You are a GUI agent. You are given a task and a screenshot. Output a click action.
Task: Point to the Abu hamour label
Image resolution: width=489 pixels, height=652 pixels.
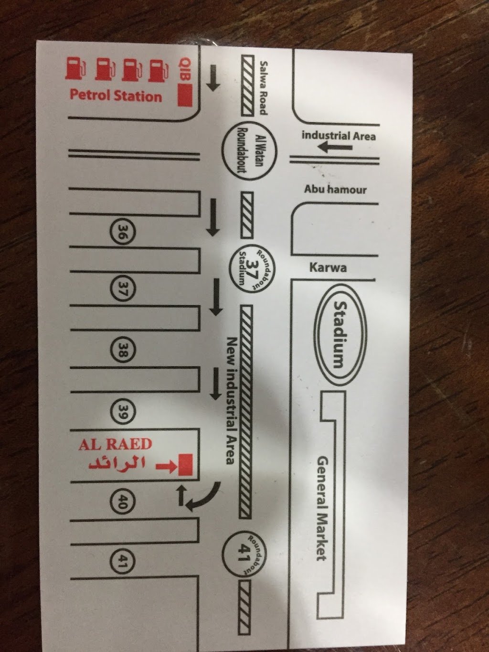tap(335, 190)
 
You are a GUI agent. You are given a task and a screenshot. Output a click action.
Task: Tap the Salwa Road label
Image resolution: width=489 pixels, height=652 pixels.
tap(264, 88)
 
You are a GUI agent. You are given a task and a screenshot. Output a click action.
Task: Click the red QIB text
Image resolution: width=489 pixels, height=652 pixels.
tap(184, 70)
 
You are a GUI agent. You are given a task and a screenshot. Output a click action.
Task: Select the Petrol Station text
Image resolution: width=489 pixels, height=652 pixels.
tap(116, 96)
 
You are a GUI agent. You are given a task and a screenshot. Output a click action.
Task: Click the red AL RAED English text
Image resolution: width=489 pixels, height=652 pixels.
tap(115, 444)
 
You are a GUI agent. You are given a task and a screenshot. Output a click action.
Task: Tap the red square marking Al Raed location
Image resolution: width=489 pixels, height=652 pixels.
tap(185, 465)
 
